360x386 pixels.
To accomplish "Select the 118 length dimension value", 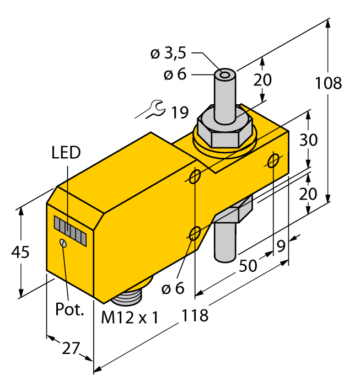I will pyautogui.click(x=196, y=315).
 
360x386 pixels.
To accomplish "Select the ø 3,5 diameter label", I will pyautogui.click(x=169, y=53).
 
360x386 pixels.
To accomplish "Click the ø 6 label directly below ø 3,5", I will pyautogui.click(x=175, y=74).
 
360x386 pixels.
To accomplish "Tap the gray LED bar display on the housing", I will pyautogui.click(x=71, y=229).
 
